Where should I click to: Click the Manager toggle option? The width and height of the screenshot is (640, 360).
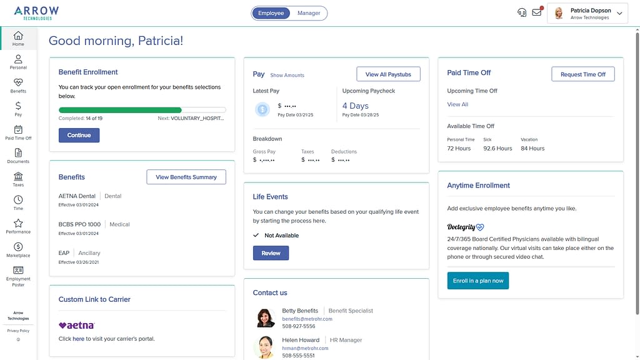(x=309, y=13)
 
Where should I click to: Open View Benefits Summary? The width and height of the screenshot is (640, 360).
(x=186, y=177)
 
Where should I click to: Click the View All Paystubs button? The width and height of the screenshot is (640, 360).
(x=388, y=74)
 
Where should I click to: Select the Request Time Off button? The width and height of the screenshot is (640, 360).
(x=582, y=74)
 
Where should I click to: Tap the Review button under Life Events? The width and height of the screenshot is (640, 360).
(x=271, y=253)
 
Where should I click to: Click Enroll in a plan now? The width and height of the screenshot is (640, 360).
(x=478, y=281)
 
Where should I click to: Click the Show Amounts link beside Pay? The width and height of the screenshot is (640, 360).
(x=287, y=76)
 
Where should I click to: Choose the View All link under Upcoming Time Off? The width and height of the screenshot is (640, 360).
(x=457, y=104)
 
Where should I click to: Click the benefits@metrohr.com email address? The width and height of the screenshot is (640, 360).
(x=307, y=319)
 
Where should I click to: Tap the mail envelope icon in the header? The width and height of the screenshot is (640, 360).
(x=536, y=12)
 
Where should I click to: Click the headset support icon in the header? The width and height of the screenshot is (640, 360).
(x=522, y=12)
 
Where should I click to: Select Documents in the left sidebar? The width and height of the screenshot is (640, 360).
(x=18, y=156)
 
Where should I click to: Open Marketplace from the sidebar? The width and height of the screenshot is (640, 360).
(x=18, y=249)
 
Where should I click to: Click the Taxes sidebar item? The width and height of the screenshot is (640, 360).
(x=18, y=179)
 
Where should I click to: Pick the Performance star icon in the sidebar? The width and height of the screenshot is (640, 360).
(x=18, y=223)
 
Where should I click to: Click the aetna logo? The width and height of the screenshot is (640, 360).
(x=76, y=325)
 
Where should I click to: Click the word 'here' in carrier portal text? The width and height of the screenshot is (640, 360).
(x=78, y=339)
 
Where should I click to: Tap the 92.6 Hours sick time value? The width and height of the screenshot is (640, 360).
(x=497, y=149)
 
